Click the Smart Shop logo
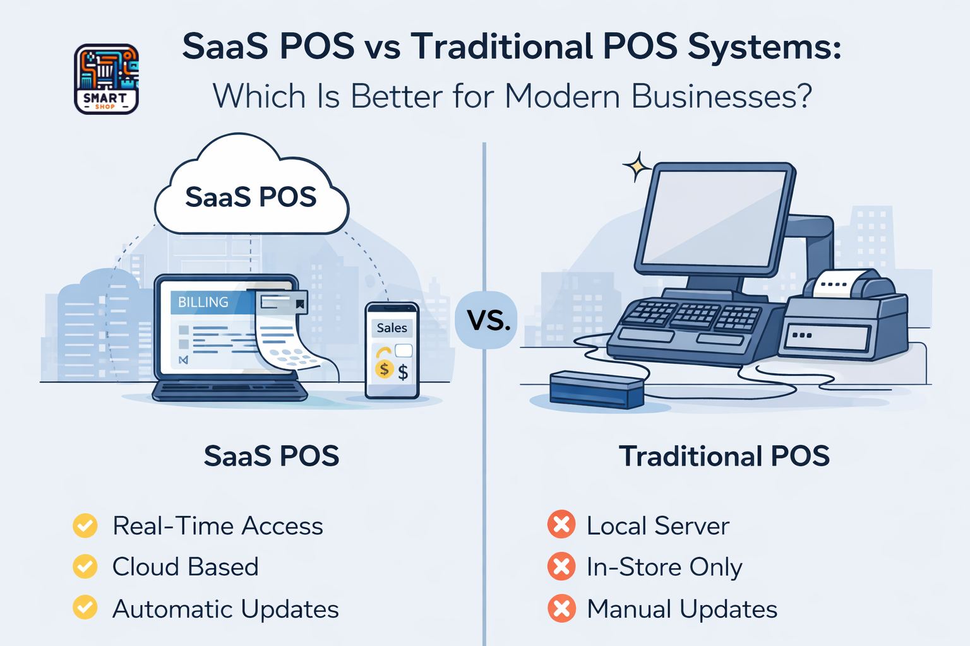click(x=106, y=79)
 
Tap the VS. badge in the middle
click(x=487, y=320)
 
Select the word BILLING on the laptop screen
click(x=203, y=302)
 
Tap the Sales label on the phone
click(x=392, y=328)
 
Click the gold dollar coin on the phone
click(x=384, y=368)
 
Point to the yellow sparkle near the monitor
click(x=637, y=167)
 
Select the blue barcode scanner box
click(x=597, y=389)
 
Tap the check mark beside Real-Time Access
click(x=85, y=526)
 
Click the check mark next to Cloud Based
click(x=85, y=567)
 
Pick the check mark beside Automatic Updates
click(x=85, y=608)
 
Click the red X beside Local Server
click(x=561, y=525)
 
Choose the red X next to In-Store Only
click(x=561, y=567)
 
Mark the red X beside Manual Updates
click(x=561, y=609)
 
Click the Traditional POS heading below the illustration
click(x=724, y=456)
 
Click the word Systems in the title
click(x=764, y=47)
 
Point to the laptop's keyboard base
click(x=230, y=391)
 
